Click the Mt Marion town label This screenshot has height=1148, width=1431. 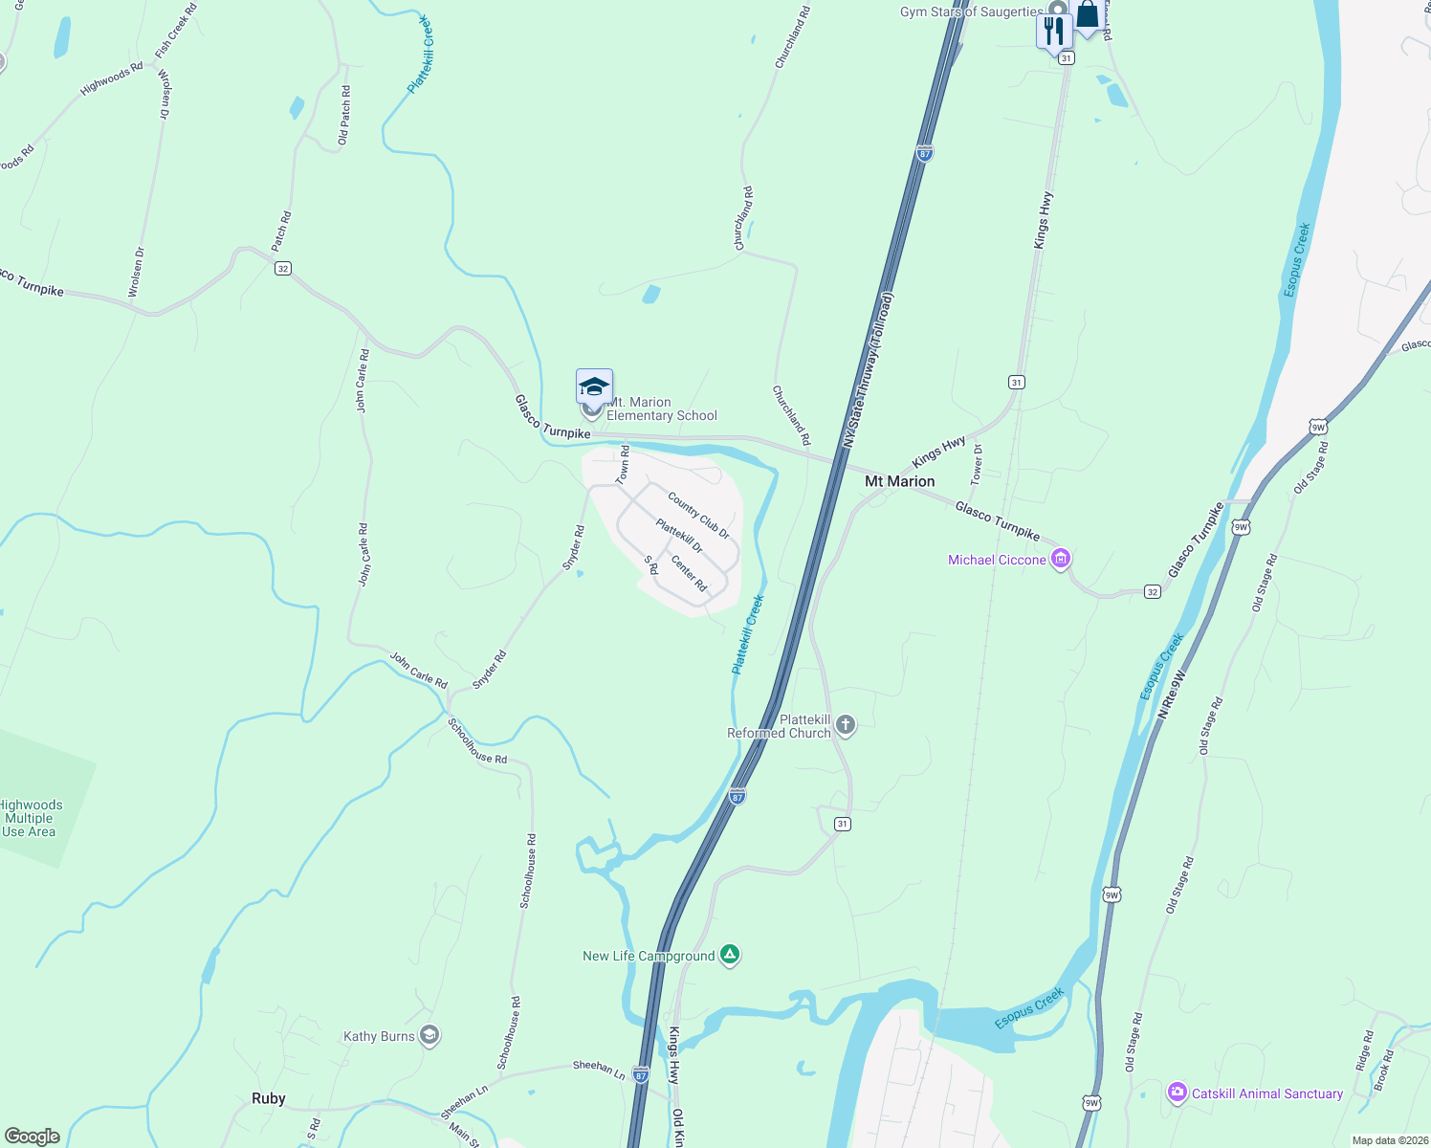tap(899, 481)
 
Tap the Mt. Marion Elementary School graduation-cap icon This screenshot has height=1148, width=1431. tap(594, 386)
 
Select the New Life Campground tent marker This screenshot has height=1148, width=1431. tap(730, 955)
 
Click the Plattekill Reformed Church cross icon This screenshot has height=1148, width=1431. tap(846, 724)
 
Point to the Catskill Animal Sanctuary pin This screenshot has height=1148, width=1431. tap(1178, 1093)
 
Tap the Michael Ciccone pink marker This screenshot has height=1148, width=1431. tap(1060, 559)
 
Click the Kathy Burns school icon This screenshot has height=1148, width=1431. tap(429, 1035)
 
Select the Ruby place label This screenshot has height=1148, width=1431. tap(269, 1098)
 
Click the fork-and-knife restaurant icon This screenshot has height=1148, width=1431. tap(1054, 30)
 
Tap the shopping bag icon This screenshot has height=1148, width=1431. tap(1088, 16)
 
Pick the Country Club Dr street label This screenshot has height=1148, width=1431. tap(698, 516)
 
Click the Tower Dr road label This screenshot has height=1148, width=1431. tap(977, 462)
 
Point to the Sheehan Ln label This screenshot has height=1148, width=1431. tap(599, 1070)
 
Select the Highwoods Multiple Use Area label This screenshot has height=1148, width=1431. tap(31, 818)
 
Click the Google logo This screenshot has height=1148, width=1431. tap(32, 1137)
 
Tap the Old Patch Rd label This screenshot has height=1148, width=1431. tap(344, 116)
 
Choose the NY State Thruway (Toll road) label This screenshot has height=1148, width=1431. tap(869, 371)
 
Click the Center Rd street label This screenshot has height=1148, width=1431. tap(689, 573)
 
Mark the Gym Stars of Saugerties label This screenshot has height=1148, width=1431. tap(971, 11)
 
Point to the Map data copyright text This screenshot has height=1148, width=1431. tap(1390, 1140)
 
